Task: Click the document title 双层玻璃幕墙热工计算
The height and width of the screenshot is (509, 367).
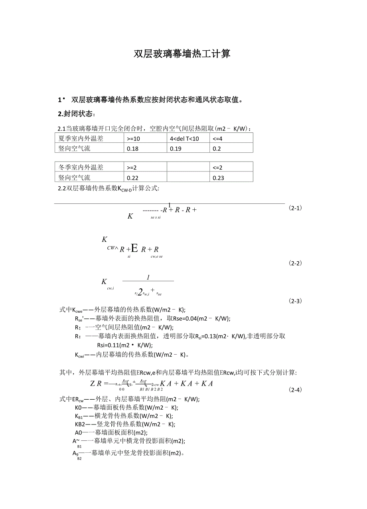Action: (x=182, y=54)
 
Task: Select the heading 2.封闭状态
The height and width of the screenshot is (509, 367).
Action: (x=77, y=114)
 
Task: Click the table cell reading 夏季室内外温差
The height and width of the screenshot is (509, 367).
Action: (x=81, y=138)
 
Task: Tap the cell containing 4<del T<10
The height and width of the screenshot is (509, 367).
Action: (x=184, y=138)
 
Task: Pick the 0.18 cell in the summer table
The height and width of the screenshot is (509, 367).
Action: (x=132, y=148)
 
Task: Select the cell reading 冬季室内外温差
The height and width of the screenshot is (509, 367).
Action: (x=81, y=167)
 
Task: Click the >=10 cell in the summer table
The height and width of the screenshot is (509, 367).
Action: (x=134, y=138)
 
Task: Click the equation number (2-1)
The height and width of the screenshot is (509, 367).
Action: (x=295, y=208)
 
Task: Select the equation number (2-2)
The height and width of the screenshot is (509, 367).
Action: (x=295, y=263)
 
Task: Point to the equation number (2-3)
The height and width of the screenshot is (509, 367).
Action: (x=295, y=301)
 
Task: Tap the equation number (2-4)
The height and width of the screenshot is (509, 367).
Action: (x=295, y=389)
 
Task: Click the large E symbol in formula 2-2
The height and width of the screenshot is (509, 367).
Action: (x=134, y=249)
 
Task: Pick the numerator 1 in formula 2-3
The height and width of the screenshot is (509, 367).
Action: (x=148, y=277)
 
